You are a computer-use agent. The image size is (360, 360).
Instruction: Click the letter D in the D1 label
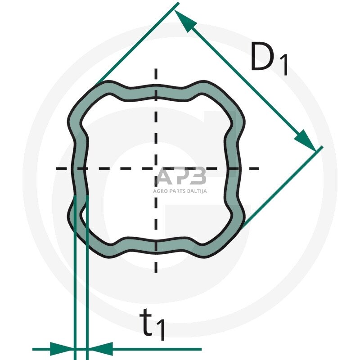(x=261, y=58)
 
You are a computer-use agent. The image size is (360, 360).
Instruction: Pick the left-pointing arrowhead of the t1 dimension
(x=100, y=348)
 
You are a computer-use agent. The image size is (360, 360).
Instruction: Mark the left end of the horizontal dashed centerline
(x=57, y=169)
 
